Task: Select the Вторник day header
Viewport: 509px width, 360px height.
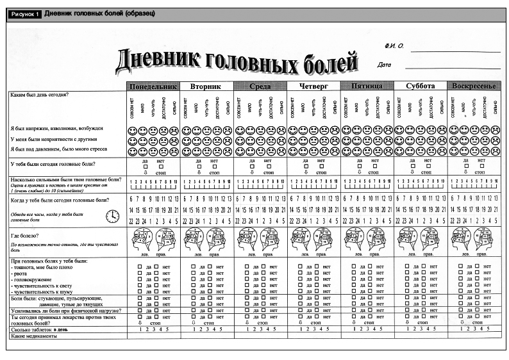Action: (x=206, y=86)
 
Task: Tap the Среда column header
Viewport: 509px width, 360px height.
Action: (x=260, y=86)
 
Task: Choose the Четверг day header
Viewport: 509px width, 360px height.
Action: (x=313, y=86)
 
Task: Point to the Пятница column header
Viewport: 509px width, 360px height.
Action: (x=367, y=86)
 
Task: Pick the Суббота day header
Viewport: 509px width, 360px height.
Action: (x=420, y=86)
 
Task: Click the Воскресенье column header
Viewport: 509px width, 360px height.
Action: (x=474, y=86)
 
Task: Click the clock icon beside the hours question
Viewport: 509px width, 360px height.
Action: (x=112, y=217)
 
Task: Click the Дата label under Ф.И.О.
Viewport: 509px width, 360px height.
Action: (x=385, y=65)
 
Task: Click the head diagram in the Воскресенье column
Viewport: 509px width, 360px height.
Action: (x=474, y=240)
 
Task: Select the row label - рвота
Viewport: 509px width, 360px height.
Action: (x=24, y=274)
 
